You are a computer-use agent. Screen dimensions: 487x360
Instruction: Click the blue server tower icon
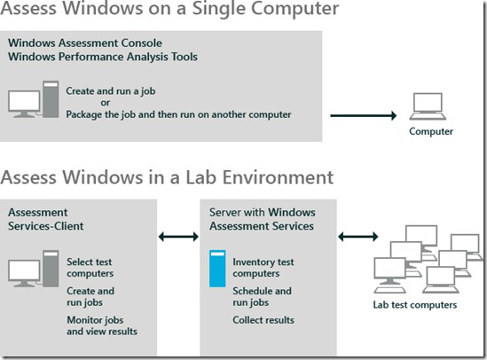click(217, 269)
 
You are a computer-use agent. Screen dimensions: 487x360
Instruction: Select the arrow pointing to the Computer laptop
click(364, 115)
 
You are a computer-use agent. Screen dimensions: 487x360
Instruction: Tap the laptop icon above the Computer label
click(428, 106)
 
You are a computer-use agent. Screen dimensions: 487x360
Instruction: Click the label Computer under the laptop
click(431, 131)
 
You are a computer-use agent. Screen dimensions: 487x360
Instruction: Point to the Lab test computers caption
click(415, 305)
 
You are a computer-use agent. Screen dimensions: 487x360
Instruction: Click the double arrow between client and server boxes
click(178, 237)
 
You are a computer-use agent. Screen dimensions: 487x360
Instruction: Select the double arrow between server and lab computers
click(358, 237)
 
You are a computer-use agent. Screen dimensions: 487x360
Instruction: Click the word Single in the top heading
click(218, 8)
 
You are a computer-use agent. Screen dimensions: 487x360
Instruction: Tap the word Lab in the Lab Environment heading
click(200, 177)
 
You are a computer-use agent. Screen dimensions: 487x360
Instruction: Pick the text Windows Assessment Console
click(85, 43)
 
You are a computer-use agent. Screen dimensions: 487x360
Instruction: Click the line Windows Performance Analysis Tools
click(103, 57)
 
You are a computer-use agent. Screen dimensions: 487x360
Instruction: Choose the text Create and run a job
click(111, 91)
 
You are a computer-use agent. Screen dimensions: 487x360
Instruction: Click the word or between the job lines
click(106, 103)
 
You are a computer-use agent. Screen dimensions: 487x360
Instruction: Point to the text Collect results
click(263, 320)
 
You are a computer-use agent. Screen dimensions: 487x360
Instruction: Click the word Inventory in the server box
click(254, 262)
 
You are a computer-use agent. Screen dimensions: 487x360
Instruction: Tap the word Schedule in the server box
click(252, 291)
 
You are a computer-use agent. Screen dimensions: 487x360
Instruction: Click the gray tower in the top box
click(51, 99)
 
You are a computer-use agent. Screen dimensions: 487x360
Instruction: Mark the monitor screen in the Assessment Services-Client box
click(24, 270)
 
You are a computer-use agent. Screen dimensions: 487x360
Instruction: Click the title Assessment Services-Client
click(46, 219)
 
